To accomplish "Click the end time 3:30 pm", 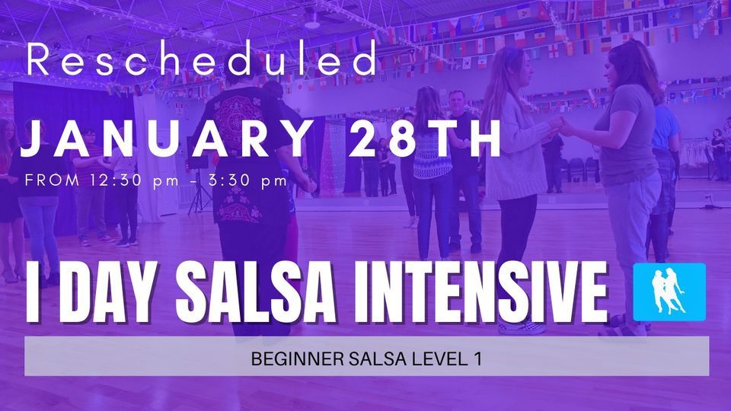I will coord(251,181).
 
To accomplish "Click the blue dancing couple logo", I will coord(670,290).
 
